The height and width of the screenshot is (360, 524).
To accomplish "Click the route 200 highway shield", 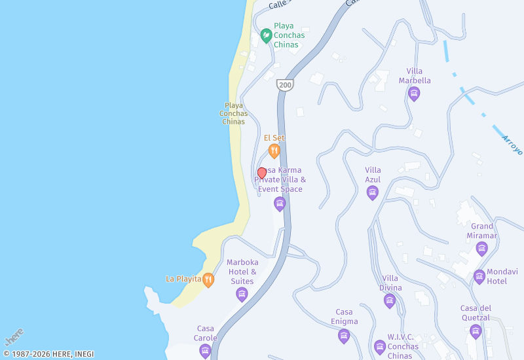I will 285,85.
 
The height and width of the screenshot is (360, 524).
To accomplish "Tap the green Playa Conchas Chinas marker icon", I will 267,35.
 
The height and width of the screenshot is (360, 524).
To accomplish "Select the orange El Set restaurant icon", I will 274,151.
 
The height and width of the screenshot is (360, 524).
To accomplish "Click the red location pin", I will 262,173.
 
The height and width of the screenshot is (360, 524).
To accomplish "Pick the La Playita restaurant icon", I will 208,279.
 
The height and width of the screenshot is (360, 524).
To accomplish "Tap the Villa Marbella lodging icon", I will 414,94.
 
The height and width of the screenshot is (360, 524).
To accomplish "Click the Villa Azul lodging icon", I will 373,192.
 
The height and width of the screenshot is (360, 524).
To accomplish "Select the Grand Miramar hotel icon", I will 482,249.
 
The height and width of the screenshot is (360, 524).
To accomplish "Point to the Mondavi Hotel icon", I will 479,276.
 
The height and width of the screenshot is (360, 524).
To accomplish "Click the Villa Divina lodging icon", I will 390,301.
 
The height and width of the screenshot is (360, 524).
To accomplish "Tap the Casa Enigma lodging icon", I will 344,336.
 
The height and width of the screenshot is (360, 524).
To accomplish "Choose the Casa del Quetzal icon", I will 476,332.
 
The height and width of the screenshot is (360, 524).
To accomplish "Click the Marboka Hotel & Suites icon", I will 242,295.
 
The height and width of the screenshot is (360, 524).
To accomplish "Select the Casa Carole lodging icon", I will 206,351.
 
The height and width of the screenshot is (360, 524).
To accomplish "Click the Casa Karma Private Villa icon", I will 280,204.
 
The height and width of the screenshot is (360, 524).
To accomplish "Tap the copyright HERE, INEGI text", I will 48,354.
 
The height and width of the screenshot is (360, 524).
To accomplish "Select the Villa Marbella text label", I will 415,76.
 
